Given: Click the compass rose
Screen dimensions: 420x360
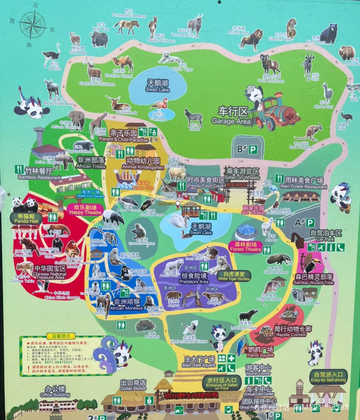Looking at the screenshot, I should click(32, 25).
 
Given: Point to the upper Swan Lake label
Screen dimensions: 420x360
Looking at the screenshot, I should click(157, 86).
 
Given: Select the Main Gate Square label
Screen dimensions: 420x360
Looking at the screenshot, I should click(199, 361).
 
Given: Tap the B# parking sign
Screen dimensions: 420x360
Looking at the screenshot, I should click(247, 149).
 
